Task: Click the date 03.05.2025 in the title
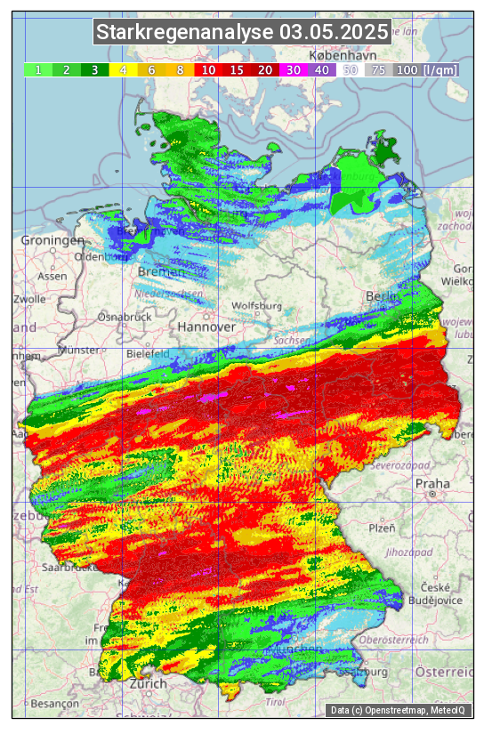334,33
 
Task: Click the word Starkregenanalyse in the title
185,33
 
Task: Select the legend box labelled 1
38,69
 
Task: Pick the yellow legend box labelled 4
124,69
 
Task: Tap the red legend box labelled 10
208,69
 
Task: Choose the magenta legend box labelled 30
293,69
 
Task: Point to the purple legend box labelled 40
321,69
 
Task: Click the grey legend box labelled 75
378,69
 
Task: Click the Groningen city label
52,240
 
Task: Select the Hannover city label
206,327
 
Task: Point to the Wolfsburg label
256,306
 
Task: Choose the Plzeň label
382,528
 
